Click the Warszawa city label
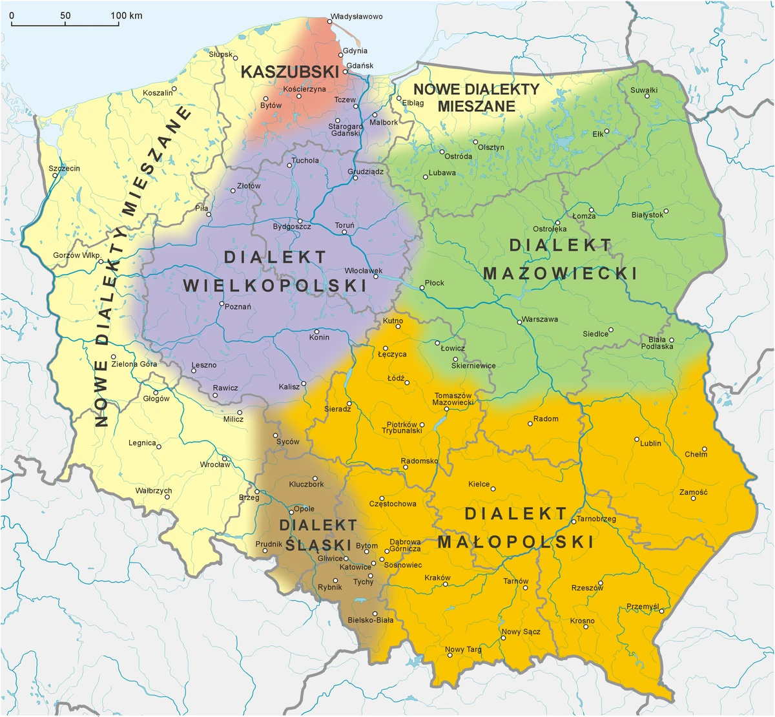[540, 319]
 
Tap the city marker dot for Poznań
[222, 304]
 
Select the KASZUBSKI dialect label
[290, 72]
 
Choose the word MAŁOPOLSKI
[515, 541]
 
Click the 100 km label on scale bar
[127, 15]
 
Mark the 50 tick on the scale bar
[65, 15]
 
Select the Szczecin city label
[65, 169]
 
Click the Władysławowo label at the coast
[356, 17]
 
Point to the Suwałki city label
[644, 90]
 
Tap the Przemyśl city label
[643, 607]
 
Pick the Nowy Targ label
[463, 649]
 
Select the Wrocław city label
[215, 464]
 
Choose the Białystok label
[647, 214]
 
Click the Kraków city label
[438, 577]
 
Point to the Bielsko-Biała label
[370, 620]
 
